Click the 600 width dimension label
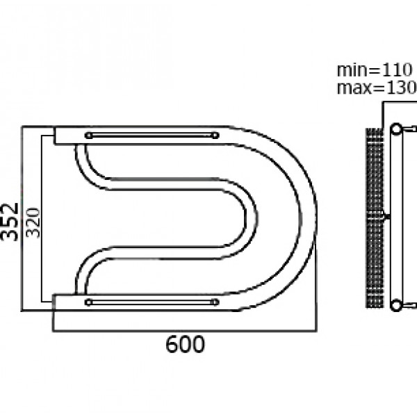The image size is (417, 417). pyautogui.click(x=185, y=344)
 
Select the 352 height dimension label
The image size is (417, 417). pyautogui.click(x=10, y=222)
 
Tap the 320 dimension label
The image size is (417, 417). pyautogui.click(x=33, y=222)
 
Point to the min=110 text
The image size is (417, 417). pyautogui.click(x=375, y=70)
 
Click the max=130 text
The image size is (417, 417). pyautogui.click(x=377, y=88)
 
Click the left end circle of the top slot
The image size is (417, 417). pyautogui.click(x=88, y=136)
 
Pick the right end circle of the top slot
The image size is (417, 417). pyautogui.click(x=215, y=136)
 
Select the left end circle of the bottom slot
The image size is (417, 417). pyautogui.click(x=88, y=302)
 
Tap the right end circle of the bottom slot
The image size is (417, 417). pyautogui.click(x=215, y=302)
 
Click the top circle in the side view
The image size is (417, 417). pyautogui.click(x=396, y=129)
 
